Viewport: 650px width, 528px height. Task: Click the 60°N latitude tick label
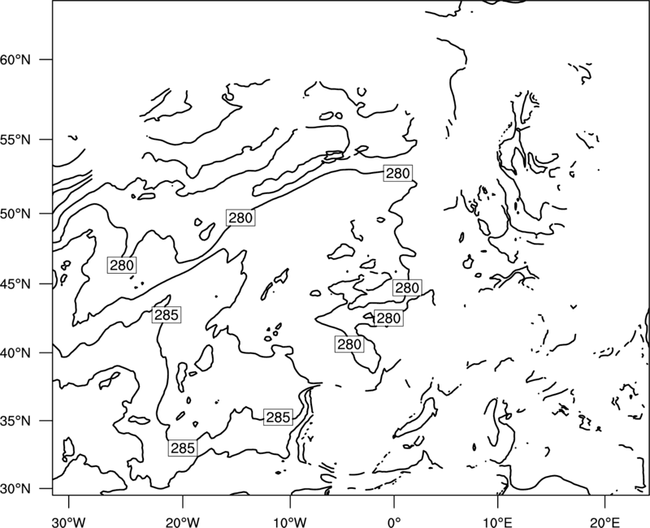click(15, 59)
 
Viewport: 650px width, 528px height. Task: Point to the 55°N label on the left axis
click(15, 140)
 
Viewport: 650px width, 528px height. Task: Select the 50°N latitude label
click(15, 214)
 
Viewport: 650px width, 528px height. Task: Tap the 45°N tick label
click(15, 284)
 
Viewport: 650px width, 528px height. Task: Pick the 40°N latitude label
click(15, 353)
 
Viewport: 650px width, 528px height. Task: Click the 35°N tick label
click(15, 421)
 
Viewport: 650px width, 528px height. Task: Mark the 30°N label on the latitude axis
click(15, 489)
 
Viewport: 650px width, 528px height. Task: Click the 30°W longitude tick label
click(69, 522)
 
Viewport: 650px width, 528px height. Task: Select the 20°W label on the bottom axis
click(182, 522)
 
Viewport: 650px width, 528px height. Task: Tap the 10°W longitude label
click(290, 522)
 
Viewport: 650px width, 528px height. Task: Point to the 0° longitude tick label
click(394, 522)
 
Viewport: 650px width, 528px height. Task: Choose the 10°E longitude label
click(497, 522)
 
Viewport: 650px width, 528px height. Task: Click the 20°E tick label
click(605, 522)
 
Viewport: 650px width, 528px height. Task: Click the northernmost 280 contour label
click(398, 173)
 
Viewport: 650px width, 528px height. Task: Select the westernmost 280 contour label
click(122, 266)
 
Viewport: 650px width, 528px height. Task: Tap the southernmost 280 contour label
click(349, 344)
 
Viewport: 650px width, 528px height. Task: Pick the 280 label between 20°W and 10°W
click(240, 218)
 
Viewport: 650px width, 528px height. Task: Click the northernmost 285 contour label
click(167, 315)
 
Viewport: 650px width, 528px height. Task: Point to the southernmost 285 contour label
click(183, 448)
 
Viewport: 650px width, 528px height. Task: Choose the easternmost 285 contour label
click(278, 418)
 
